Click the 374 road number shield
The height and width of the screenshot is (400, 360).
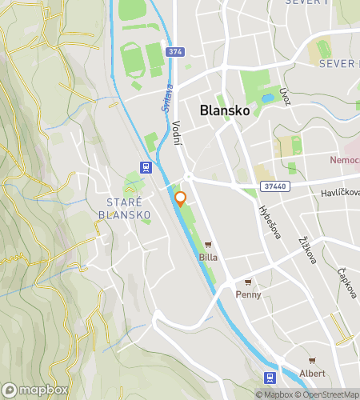[176, 52]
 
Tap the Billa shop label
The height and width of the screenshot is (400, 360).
[208, 258]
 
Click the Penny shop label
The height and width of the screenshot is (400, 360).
[248, 294]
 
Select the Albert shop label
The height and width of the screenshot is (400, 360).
[312, 374]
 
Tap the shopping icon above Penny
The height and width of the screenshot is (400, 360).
[248, 282]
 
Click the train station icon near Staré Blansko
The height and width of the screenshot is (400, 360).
[146, 167]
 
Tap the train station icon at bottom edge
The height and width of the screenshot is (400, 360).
[270, 378]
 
